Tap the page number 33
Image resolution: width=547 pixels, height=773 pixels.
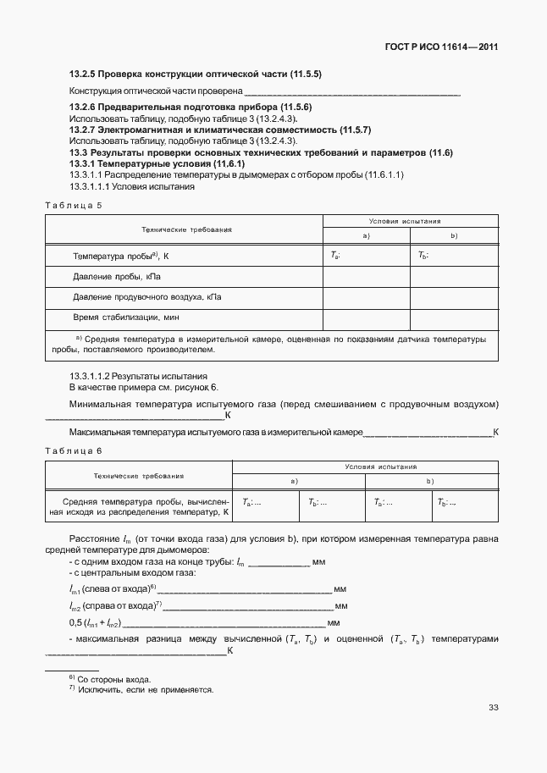492,708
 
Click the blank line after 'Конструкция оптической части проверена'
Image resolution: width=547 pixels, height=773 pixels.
351,91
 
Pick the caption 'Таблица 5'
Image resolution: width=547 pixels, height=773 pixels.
74,205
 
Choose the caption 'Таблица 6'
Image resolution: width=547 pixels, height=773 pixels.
74,450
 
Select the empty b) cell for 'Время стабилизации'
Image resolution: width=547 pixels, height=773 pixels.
454,317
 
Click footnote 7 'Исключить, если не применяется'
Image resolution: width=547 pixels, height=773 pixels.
145,689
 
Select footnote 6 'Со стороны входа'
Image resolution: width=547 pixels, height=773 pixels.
113,679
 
